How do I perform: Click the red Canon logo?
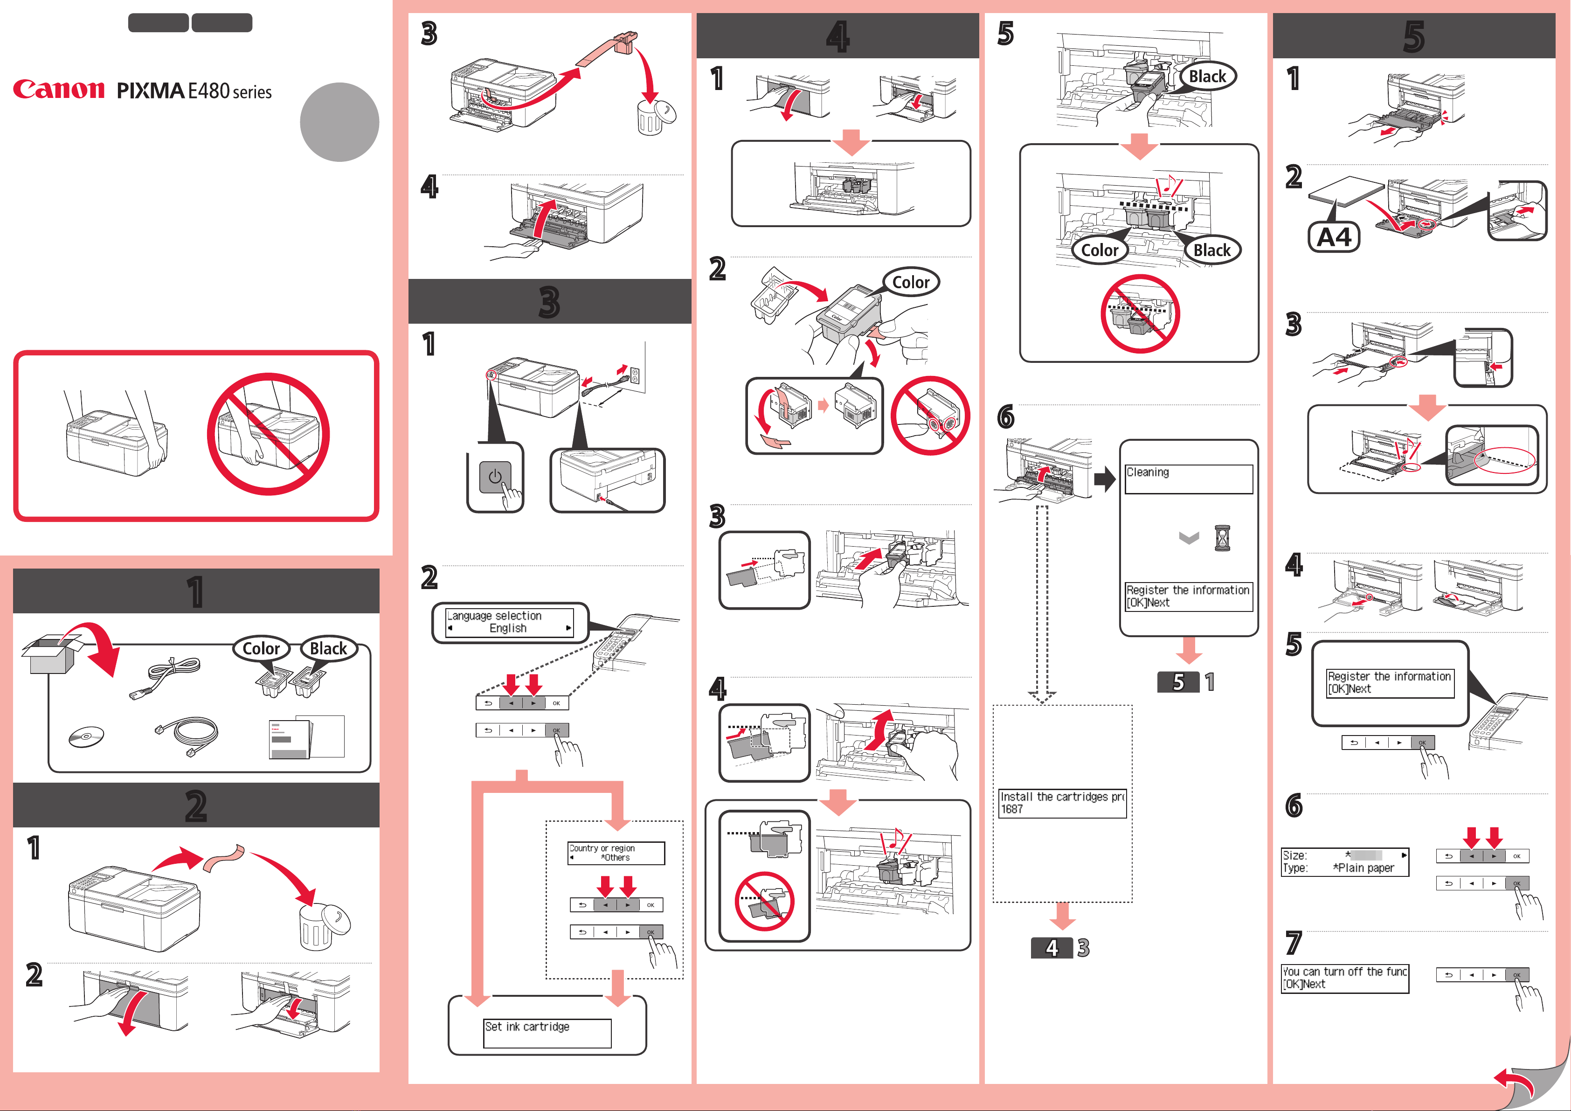[59, 90]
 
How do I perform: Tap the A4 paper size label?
[1334, 237]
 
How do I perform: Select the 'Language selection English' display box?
[510, 622]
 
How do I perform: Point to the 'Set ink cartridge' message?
[527, 1026]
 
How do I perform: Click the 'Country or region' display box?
[616, 853]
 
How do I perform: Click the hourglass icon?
[1222, 538]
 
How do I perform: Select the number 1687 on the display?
[1011, 809]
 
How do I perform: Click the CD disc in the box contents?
[86, 736]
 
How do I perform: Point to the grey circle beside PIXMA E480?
[339, 122]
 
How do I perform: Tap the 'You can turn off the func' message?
[1344, 972]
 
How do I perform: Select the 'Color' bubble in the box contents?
[262, 648]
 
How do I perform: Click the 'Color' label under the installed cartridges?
[1100, 250]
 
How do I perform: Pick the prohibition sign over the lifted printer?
[268, 434]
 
